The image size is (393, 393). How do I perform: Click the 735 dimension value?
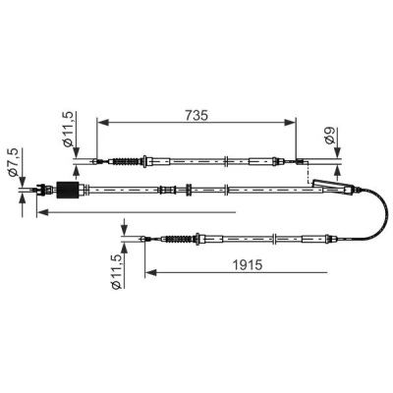click(x=196, y=115)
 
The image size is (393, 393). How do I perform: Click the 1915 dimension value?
click(x=248, y=265)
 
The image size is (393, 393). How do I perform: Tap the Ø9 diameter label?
click(x=330, y=136)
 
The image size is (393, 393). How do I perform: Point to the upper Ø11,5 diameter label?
click(x=68, y=130)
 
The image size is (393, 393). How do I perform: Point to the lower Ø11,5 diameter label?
click(x=116, y=271)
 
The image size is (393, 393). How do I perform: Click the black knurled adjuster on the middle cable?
click(x=68, y=190)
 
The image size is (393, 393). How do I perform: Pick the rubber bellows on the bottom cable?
click(x=179, y=239)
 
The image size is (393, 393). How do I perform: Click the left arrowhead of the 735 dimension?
click(x=103, y=123)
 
